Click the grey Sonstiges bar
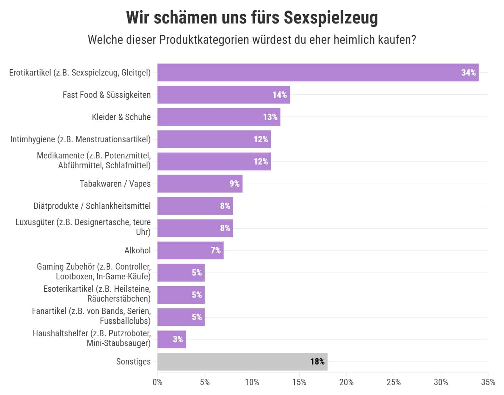point(242,361)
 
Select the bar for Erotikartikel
point(317,72)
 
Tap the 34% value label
point(468,73)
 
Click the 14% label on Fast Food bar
point(279,95)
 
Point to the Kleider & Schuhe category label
point(121,117)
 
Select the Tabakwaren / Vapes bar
point(200,184)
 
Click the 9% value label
point(234,184)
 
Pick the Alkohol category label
point(137,251)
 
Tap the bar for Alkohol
point(190,250)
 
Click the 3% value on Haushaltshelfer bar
point(178,339)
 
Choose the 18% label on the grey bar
point(317,362)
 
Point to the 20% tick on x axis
point(346,382)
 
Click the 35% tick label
point(488,382)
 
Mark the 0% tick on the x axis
point(157,382)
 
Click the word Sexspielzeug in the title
point(330,17)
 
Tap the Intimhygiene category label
point(80,139)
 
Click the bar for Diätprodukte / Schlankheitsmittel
point(195,206)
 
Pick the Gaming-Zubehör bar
point(181,272)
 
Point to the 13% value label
point(270,117)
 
